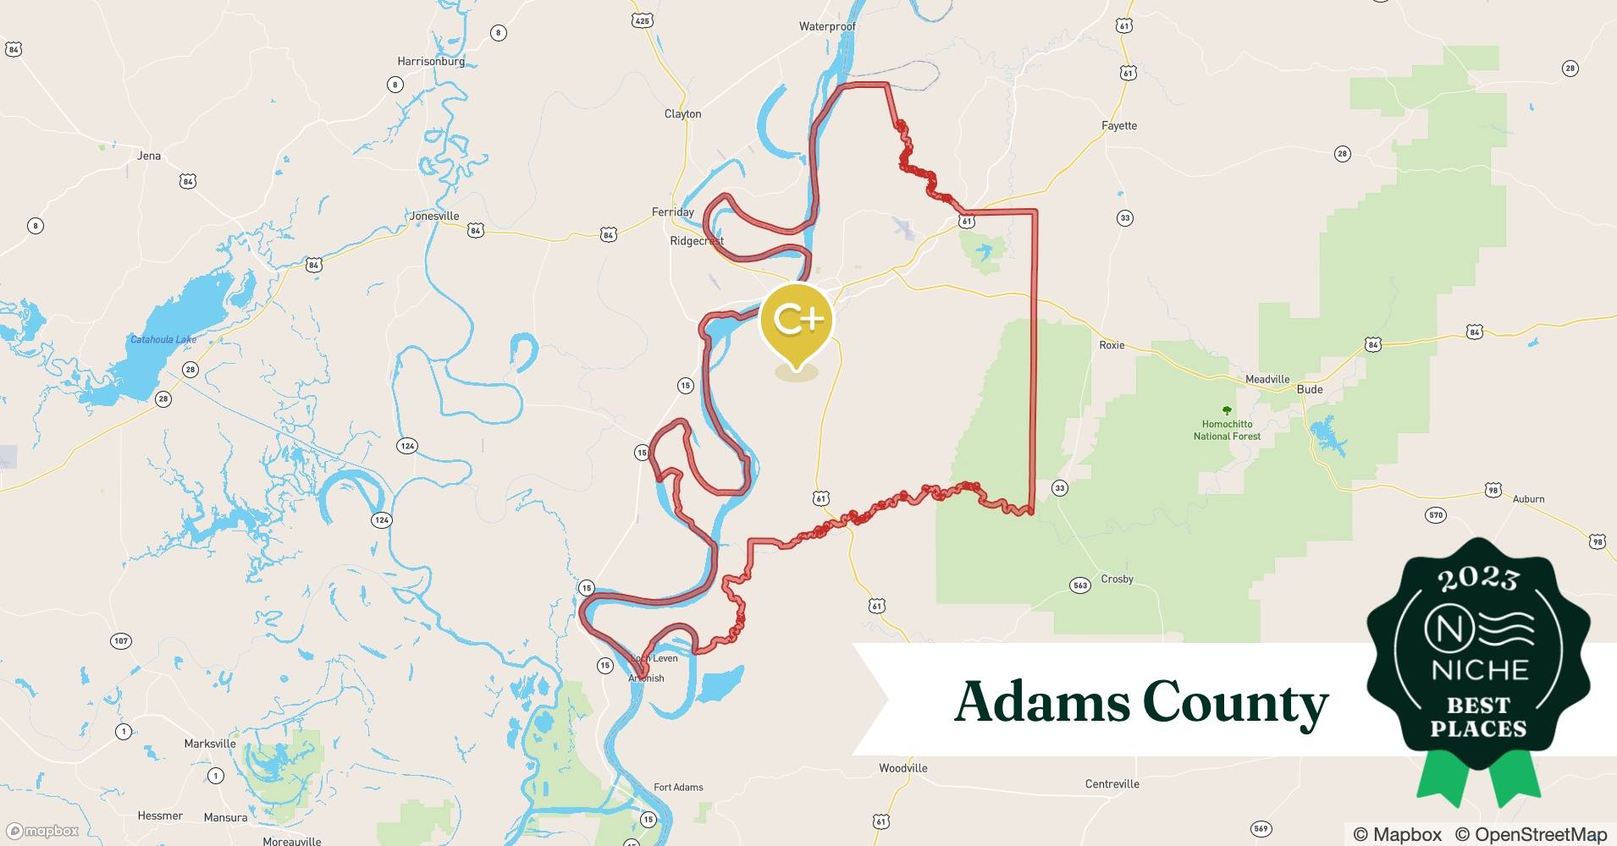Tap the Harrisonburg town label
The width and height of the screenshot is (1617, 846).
[431, 61]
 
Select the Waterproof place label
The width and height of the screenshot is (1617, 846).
[827, 26]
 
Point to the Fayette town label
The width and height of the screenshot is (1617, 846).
[1118, 125]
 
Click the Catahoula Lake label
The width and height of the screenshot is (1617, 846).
[163, 339]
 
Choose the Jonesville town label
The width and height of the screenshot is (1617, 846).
[434, 216]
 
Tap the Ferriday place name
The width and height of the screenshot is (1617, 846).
[673, 211]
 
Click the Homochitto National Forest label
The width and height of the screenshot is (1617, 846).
[1227, 430]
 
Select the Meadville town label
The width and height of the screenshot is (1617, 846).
[1267, 379]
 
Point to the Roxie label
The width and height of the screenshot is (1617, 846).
[1112, 345]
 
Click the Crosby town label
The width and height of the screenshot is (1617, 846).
[1117, 579]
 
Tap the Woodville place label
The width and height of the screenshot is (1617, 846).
[902, 768]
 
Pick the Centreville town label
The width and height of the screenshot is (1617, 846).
[1112, 784]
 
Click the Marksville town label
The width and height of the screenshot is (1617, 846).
[210, 744]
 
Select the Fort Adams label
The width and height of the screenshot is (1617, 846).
[678, 787]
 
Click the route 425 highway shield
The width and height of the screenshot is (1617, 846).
[642, 20]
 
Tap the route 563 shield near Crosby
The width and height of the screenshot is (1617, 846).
[1079, 585]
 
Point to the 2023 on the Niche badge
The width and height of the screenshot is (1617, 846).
[1477, 578]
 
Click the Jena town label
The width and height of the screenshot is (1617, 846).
[149, 156]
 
